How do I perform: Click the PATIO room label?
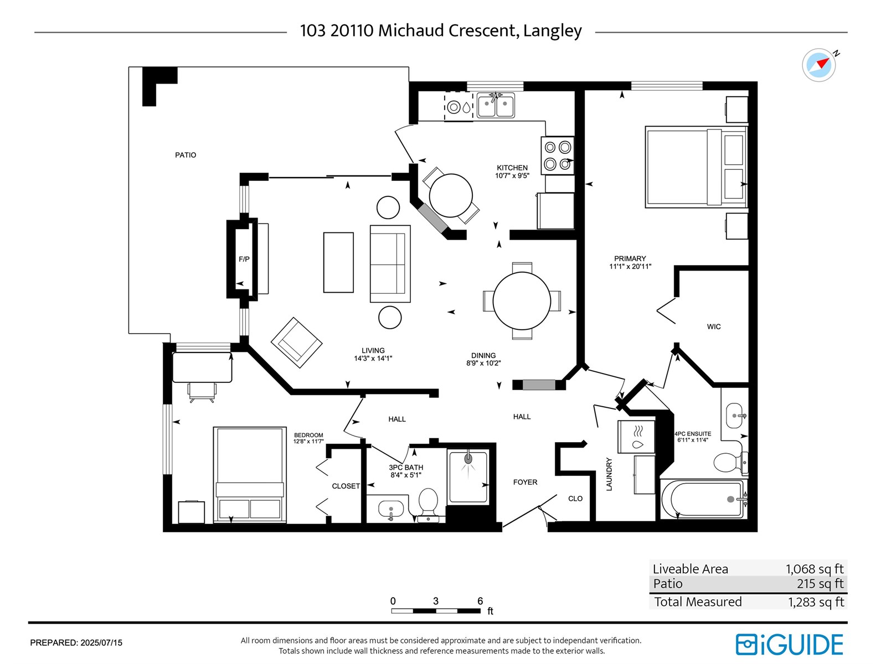[186, 155]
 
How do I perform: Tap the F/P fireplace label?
[244, 259]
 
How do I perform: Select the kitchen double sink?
[496, 106]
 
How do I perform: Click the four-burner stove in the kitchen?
[558, 155]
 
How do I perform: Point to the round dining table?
[522, 301]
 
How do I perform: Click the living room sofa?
[390, 264]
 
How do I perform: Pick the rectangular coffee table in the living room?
[338, 262]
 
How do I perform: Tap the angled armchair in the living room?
[296, 343]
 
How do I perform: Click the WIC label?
[714, 327]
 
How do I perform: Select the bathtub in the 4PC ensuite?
[704, 499]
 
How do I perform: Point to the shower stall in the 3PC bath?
[468, 477]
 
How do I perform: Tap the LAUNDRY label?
[609, 474]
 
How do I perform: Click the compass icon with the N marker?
[818, 65]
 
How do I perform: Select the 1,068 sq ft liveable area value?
[814, 569]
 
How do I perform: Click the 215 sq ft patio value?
[820, 583]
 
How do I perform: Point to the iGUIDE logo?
[789, 645]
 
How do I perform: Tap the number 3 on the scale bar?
[436, 601]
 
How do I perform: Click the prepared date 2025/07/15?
[101, 643]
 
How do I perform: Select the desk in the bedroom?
[202, 367]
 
